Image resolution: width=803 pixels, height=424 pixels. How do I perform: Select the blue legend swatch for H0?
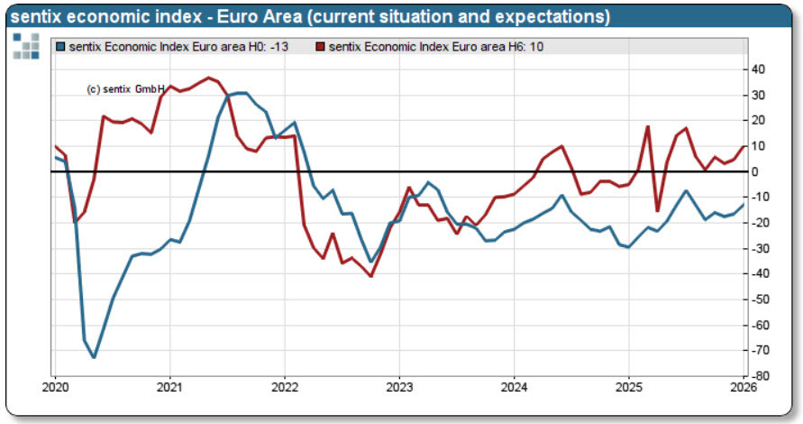click(61, 46)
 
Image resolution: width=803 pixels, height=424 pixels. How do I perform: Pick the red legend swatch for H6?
click(321, 46)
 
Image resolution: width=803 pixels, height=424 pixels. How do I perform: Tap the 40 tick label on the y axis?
click(758, 69)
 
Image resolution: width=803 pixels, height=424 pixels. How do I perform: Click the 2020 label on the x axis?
click(55, 388)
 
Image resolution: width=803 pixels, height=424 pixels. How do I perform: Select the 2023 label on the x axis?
click(399, 388)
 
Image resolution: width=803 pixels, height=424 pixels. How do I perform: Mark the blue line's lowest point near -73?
click(94, 357)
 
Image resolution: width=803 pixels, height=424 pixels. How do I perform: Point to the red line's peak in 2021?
click(209, 78)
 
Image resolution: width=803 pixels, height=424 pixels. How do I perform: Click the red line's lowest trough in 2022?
click(370, 276)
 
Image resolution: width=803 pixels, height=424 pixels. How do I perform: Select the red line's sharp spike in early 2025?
click(648, 126)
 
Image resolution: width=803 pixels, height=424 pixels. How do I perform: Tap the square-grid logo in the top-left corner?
click(26, 46)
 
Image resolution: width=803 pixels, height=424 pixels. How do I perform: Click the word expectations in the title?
click(554, 17)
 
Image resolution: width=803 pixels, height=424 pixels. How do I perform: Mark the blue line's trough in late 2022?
click(370, 262)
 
